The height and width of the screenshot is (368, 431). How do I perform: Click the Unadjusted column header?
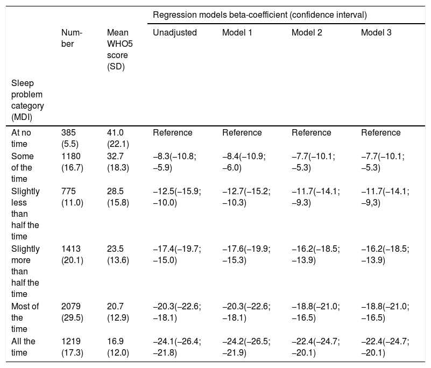point(175,32)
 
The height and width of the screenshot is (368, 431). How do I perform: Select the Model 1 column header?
point(237,32)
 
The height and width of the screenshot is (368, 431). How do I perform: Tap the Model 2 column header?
point(307,32)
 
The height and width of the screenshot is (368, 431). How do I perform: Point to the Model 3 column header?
point(376,32)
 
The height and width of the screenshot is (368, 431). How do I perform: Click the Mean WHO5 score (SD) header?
point(120,49)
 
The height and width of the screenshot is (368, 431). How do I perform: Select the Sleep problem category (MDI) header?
point(27,100)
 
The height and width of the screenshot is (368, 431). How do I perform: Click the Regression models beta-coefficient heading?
point(260,15)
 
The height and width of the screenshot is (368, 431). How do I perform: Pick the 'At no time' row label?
point(21,138)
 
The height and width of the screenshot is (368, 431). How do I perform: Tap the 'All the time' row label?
point(23,347)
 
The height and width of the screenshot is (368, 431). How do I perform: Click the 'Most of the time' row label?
point(25,317)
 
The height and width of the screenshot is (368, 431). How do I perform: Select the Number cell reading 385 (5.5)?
point(70,138)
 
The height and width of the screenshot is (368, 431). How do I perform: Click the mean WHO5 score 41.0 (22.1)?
point(118,138)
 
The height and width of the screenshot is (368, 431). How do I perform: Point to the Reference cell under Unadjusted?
point(173,132)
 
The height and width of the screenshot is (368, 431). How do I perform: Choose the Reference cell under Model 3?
point(381,132)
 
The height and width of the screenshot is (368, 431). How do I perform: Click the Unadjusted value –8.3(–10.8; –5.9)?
point(174,161)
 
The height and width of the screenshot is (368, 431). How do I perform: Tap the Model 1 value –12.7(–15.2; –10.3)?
point(246,197)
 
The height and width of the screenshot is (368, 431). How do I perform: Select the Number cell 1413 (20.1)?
point(72,254)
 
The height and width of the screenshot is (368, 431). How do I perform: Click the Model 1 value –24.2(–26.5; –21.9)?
point(246,347)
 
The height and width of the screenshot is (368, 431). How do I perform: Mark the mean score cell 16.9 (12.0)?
point(118,347)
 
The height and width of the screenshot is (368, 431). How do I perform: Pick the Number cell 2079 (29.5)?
point(72,312)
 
